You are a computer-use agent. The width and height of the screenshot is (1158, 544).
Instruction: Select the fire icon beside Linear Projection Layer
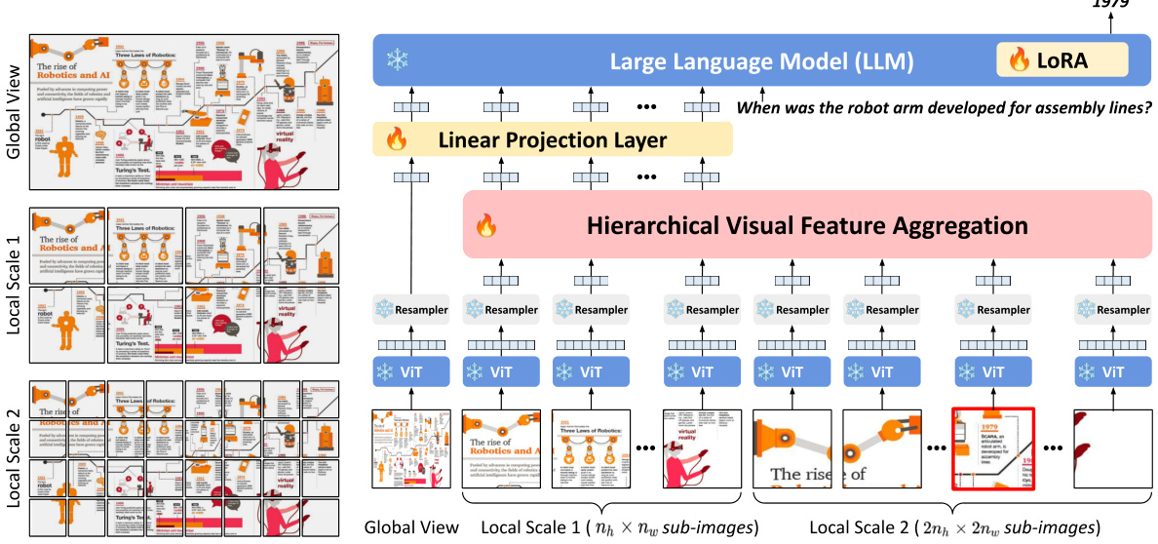tap(397, 140)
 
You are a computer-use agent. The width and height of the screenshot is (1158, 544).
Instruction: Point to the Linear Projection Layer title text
tap(553, 140)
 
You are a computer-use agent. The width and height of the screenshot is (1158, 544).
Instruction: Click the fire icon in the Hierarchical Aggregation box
tap(484, 227)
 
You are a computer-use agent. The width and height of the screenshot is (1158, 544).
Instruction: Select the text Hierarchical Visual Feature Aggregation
tap(806, 226)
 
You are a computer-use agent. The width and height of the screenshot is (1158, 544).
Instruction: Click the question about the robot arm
tap(945, 108)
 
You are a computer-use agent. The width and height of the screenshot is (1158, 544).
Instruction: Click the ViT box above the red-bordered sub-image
tap(992, 371)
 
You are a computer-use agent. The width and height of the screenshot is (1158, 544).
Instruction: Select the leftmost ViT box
tap(410, 371)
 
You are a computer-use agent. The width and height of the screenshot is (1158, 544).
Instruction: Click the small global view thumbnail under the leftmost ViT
tap(410, 448)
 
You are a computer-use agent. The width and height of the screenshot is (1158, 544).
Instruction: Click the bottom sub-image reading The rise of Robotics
tap(501, 448)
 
